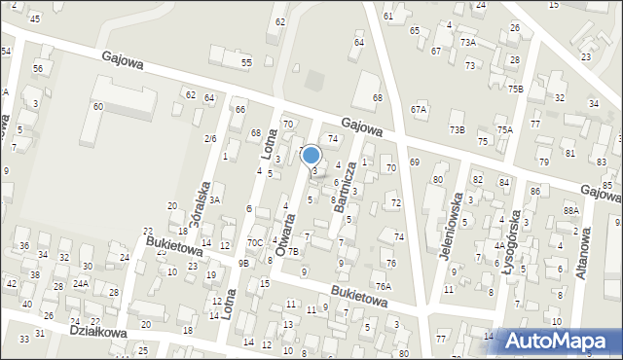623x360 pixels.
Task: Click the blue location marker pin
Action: pos(311,156)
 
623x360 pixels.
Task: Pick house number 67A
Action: pos(419,110)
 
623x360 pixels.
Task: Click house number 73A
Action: pos(468,43)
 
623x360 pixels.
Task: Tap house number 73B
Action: pos(457,129)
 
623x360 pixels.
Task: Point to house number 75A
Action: pos(504,129)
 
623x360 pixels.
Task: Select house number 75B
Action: pos(515,89)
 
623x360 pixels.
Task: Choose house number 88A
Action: pos(571,210)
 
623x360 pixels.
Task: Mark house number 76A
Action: pos(384,286)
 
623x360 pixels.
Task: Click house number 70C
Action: pos(255,242)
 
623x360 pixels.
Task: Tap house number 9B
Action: pos(243,263)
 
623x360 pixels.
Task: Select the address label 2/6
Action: pos(210,139)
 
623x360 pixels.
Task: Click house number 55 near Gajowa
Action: pos(247,62)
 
